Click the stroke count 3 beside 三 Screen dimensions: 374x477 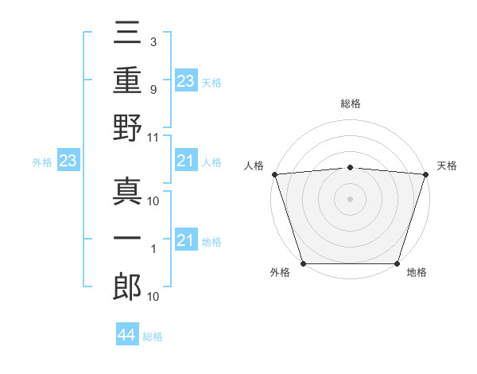tap(153, 41)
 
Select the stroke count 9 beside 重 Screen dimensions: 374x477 tap(153, 89)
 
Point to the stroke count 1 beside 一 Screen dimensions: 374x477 tap(153, 249)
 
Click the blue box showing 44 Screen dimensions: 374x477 tap(127, 335)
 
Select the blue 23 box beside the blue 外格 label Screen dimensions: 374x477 tap(68, 162)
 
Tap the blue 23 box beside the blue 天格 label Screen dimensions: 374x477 tap(186, 80)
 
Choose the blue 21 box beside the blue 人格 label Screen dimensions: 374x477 tap(186, 162)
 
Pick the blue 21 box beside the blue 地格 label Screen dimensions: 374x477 tap(186, 240)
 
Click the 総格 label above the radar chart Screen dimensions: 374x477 tap(350, 104)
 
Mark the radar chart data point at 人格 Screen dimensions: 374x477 tap(274, 173)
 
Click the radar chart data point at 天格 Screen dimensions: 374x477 tap(425, 173)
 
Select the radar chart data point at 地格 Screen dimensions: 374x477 tap(397, 263)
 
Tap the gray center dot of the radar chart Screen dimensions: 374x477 tap(350, 198)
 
